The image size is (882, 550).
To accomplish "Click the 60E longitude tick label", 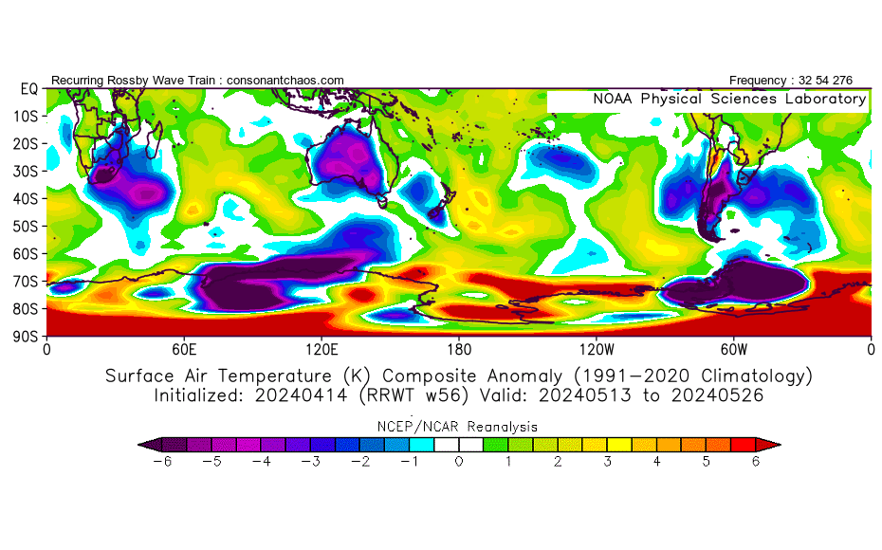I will point(184,348).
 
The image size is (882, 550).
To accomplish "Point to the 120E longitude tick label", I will point(322,348).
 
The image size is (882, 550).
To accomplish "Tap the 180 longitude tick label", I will point(459,348).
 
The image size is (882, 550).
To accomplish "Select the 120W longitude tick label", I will point(597,348).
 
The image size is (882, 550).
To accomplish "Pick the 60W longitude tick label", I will point(733,348).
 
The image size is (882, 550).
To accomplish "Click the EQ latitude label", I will point(28,88).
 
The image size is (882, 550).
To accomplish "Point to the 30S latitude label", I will point(28,171).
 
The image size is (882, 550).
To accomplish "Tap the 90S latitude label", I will point(28,336).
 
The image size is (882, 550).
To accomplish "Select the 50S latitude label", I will point(28,226).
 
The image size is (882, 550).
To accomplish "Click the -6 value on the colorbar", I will point(161,461).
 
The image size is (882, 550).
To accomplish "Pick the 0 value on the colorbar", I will point(458,461).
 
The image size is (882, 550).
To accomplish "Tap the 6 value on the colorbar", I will point(756,461).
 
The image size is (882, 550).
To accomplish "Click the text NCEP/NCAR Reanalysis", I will point(459,427).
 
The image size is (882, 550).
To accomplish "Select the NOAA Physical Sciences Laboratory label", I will point(729,99).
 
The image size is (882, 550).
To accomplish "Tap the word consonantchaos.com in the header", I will point(285,80).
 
